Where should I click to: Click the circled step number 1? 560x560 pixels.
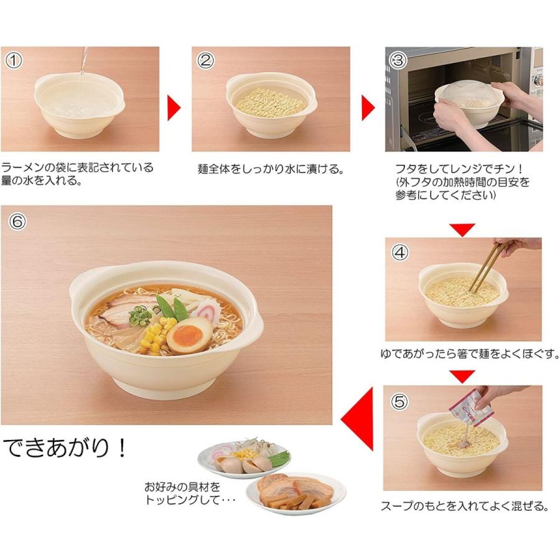14,60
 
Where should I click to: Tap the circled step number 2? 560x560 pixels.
205,60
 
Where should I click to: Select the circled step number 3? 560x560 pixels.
398,60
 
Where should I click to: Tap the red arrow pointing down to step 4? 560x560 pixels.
462,230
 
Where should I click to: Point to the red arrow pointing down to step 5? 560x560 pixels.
462,376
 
